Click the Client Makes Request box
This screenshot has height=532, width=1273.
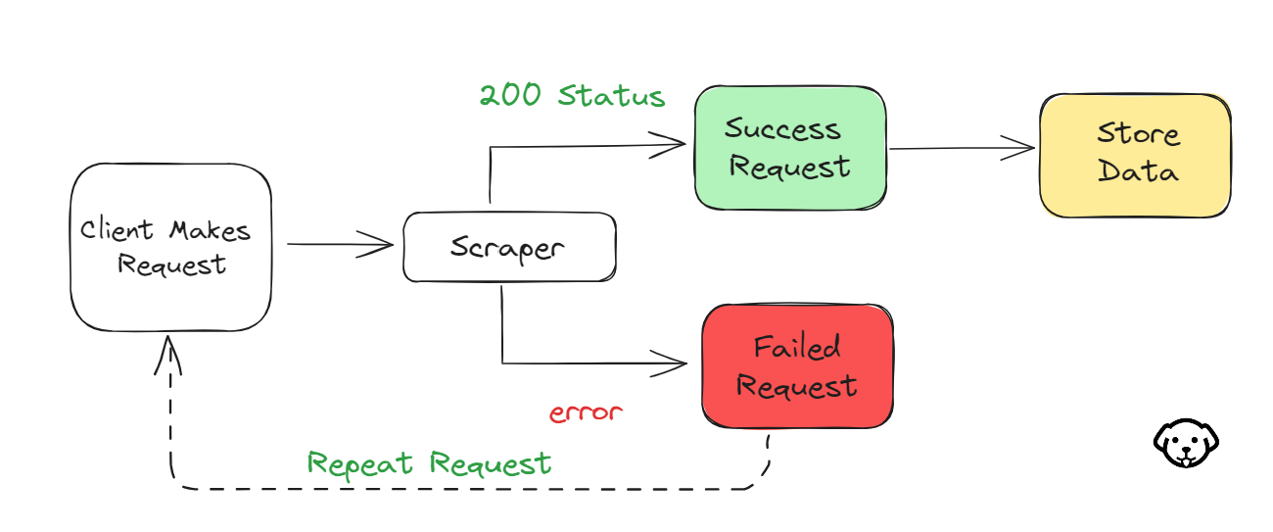pos(171,247)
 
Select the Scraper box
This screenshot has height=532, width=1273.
pos(510,247)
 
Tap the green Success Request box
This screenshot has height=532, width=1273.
pos(790,148)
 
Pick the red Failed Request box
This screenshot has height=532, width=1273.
pos(797,366)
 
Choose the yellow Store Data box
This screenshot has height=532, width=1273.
pos(1136,155)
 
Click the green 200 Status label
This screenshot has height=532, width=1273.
pos(572,95)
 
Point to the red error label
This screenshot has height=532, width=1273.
pos(586,412)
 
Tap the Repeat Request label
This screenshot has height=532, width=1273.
pos(429,464)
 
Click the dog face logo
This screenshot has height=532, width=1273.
pos(1186,443)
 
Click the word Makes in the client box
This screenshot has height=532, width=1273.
pos(210,231)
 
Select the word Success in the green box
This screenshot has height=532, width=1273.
pos(782,128)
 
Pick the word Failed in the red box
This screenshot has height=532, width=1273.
pos(797,347)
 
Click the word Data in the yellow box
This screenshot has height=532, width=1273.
pos(1138,170)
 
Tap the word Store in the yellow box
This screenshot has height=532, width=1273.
pos(1139,133)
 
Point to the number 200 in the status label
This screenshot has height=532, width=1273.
pos(510,95)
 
